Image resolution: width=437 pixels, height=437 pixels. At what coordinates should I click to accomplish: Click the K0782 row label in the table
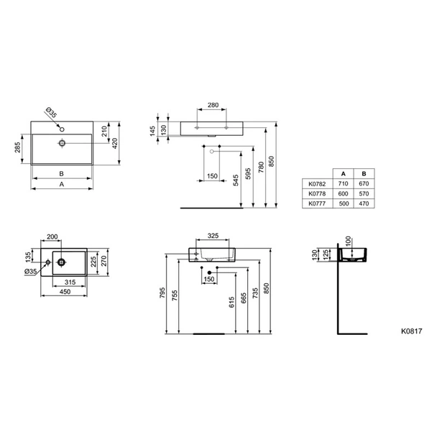pyautogui.click(x=317, y=184)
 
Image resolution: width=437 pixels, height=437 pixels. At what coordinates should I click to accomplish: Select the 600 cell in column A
pyautogui.click(x=343, y=193)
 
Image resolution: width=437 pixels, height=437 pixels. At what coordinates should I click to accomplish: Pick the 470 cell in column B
pyautogui.click(x=364, y=203)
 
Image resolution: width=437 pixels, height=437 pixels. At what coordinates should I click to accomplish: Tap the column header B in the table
pyautogui.click(x=364, y=174)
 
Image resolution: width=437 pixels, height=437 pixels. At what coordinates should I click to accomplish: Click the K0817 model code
pyautogui.click(x=411, y=331)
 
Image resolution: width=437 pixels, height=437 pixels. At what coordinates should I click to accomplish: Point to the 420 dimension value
pyautogui.click(x=115, y=143)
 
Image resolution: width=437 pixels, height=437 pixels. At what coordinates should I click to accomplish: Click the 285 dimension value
pyautogui.click(x=17, y=147)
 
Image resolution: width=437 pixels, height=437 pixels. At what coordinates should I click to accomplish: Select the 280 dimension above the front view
pyautogui.click(x=213, y=105)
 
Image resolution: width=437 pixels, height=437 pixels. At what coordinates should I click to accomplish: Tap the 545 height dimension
pyautogui.click(x=236, y=180)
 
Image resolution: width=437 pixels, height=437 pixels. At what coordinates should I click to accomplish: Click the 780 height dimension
pyautogui.click(x=261, y=167)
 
